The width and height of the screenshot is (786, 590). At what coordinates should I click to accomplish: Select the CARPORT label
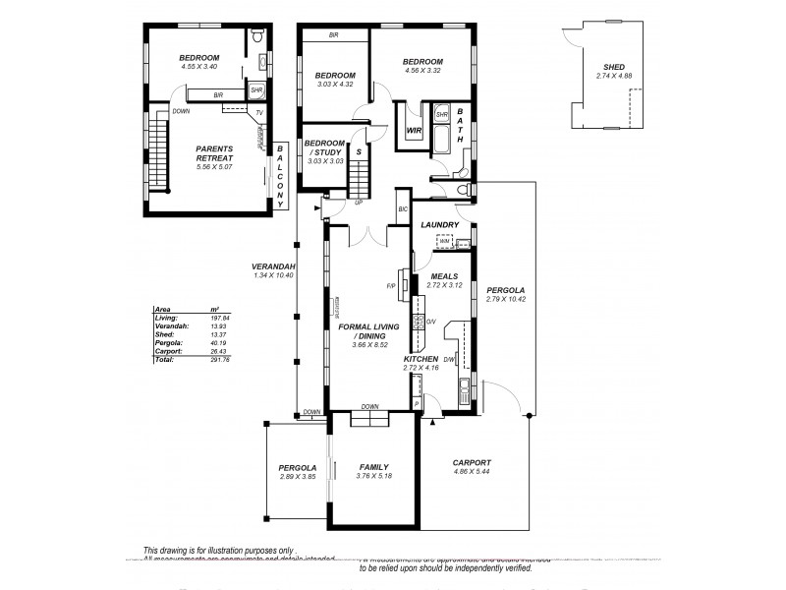point(471,462)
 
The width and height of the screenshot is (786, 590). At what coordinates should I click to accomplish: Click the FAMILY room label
point(373,467)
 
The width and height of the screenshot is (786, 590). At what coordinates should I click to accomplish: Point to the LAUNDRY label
point(439,225)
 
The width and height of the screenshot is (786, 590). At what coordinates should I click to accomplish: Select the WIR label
point(414,129)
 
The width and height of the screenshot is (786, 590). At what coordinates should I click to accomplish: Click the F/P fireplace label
point(391,286)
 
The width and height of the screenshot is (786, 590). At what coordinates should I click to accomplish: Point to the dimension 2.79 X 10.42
point(506,300)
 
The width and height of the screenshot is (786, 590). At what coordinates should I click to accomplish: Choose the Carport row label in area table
point(168,351)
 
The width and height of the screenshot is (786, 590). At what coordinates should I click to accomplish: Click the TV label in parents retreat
point(259,113)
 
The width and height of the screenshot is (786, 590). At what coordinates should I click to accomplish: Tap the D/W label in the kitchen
point(448,359)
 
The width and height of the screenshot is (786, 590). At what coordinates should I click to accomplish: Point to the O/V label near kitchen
point(429,321)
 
